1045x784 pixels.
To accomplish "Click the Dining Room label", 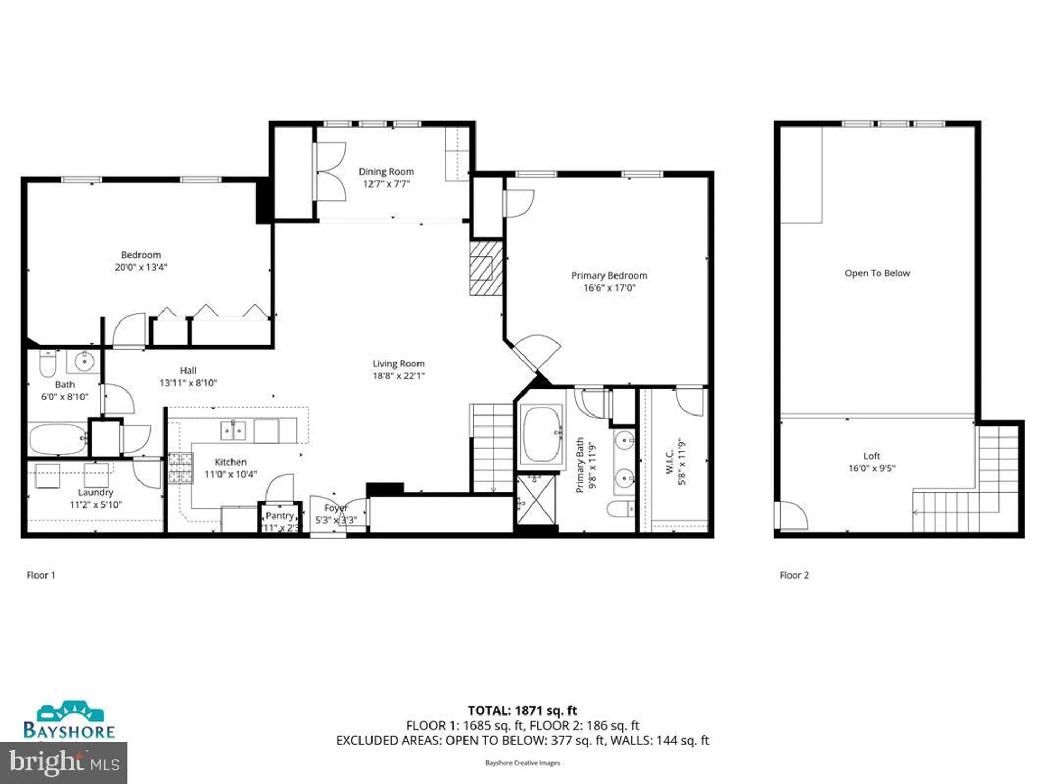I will pos(386,171).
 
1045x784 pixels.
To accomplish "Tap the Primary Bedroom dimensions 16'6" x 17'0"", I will pos(609,288).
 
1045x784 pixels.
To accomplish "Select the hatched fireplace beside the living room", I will pos(485,268).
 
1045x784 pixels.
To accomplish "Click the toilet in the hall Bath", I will pos(48,363).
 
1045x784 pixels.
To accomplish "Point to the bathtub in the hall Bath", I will pos(57,439).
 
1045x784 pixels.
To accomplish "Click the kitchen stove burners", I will pos(180,468).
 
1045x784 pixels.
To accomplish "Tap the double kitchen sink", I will pos(233,431).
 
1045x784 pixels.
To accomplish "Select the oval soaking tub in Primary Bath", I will pos(542,434).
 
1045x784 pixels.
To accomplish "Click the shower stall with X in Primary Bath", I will pos(536,499).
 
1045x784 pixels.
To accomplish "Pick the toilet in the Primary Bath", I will pos(621,509).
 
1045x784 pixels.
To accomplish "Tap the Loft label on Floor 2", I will pos(871,456).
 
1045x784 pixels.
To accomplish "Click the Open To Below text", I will pos(877,273).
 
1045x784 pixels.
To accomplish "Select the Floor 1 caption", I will pos(41,575).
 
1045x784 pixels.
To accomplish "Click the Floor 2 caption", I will pos(794,575).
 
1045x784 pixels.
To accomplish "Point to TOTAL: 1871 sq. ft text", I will pos(522,710).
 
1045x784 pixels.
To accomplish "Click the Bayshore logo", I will pos(69,721).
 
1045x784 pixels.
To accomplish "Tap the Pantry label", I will pos(280,515).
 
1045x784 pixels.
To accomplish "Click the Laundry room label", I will pos(95,492).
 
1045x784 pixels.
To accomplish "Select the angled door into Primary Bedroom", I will pos(536,352).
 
